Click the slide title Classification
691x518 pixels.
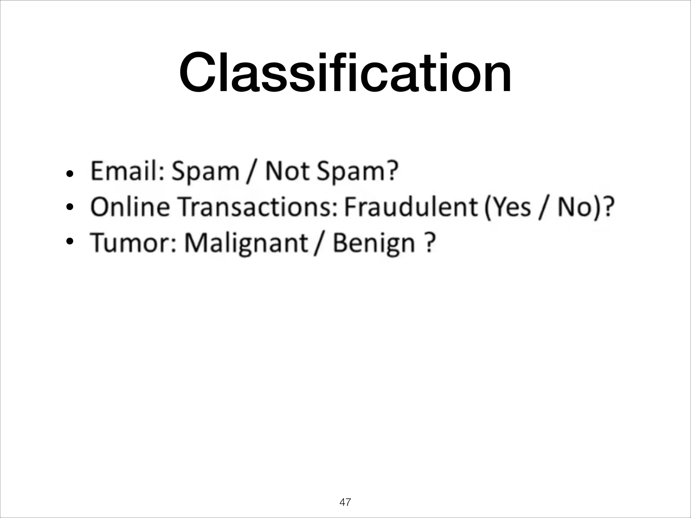(345, 73)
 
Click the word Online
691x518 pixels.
(130, 207)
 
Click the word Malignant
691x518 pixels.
(246, 243)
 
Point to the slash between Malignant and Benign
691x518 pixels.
(317, 243)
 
